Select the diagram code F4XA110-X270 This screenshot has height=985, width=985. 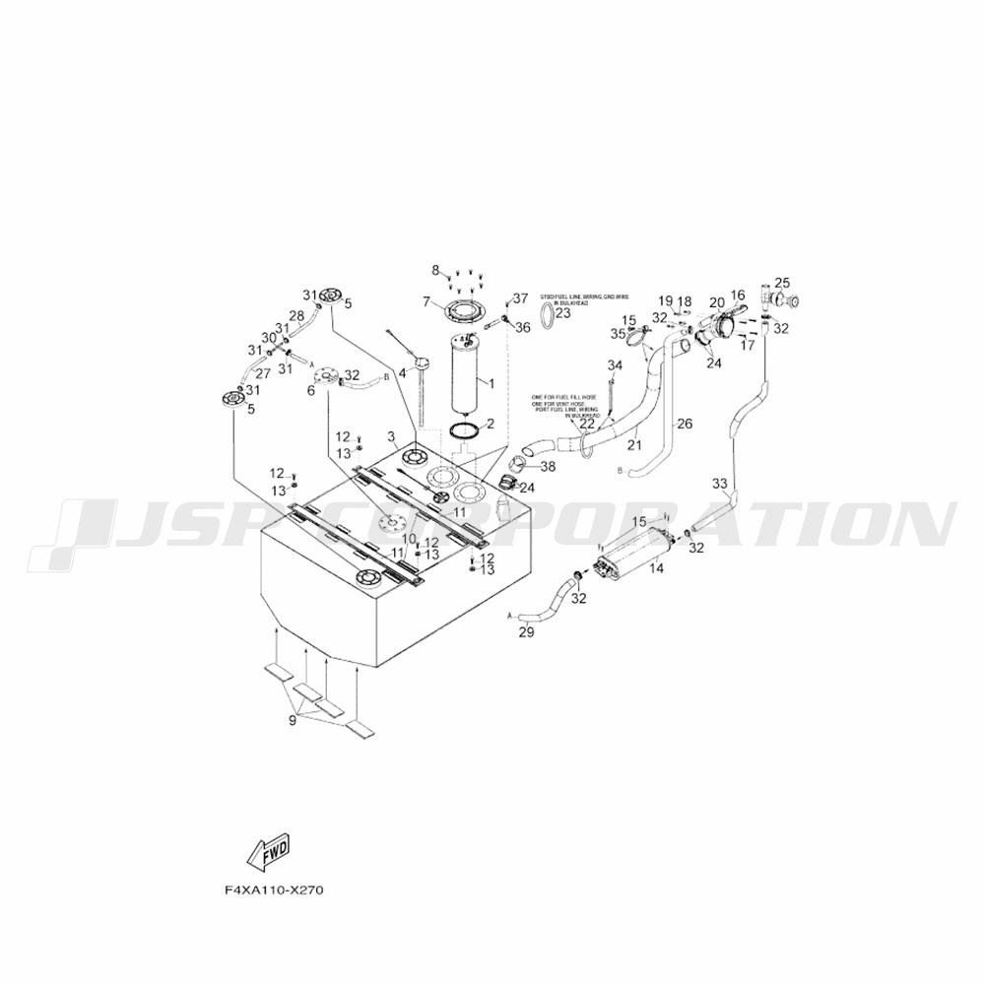[x=274, y=890]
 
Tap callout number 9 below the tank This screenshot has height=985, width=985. [x=293, y=722]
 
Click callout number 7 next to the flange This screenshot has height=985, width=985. [x=427, y=301]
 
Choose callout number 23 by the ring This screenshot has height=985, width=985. [x=563, y=313]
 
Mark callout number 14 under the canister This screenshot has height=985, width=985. [x=656, y=567]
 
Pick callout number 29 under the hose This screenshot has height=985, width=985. [x=526, y=632]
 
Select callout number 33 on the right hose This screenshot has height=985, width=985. [x=720, y=484]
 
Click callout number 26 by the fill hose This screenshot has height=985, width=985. [x=684, y=424]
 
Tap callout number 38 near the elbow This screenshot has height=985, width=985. [x=548, y=466]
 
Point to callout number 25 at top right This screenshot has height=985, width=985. [x=782, y=283]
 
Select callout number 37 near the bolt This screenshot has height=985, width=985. [x=520, y=298]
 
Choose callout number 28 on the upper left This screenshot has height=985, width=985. [x=296, y=315]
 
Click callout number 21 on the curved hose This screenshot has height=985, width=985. [x=633, y=445]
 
